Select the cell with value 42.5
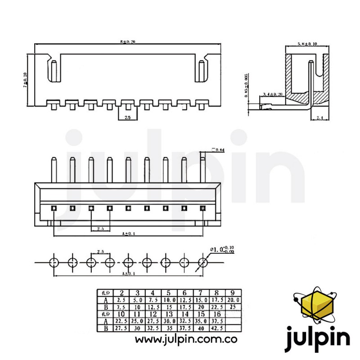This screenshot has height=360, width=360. [x=216, y=328]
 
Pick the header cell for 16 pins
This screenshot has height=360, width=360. [x=216, y=314]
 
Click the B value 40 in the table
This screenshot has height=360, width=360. [x=201, y=328]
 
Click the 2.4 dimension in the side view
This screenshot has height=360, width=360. [x=320, y=118]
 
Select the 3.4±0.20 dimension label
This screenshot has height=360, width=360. [x=273, y=94]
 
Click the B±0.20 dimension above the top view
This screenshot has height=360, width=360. [x=128, y=42]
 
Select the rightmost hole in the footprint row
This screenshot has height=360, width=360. [x=202, y=261]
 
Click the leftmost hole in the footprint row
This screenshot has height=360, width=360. [x=54, y=261]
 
